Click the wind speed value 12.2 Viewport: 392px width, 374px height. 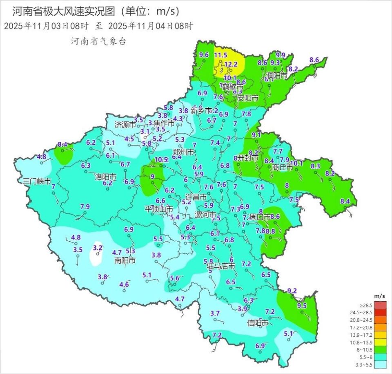[x=231, y=64]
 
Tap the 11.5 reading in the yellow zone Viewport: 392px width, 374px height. [x=221, y=55]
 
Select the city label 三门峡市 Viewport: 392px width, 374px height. [x=37, y=181]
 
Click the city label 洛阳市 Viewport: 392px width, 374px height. [x=105, y=177]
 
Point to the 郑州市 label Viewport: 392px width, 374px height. [x=183, y=152]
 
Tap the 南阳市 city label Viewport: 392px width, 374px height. [x=125, y=260]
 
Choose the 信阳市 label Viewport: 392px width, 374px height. [x=258, y=323]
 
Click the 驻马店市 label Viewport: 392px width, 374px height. [x=220, y=267]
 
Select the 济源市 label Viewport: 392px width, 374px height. [x=125, y=125]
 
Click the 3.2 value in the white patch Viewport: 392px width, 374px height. [x=98, y=248]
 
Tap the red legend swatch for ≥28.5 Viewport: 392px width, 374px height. [x=380, y=305]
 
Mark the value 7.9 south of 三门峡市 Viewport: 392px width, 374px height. [x=85, y=206]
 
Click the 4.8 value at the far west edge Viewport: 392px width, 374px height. [x=41, y=157]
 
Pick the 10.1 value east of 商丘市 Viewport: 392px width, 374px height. [x=296, y=163]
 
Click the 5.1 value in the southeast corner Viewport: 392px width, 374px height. [x=289, y=334]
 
